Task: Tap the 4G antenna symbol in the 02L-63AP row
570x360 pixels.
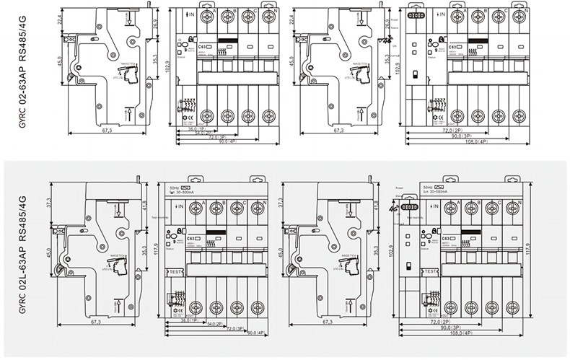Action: click(394, 210)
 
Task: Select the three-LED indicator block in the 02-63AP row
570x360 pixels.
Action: click(416, 14)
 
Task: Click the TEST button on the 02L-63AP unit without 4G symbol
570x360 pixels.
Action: click(174, 271)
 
